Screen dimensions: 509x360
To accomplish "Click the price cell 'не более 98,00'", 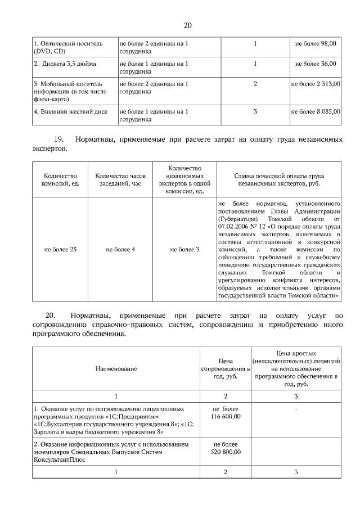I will point(316,43).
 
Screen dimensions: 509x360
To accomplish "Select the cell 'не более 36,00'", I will point(316,64).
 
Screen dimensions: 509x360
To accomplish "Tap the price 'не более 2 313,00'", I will point(316,84).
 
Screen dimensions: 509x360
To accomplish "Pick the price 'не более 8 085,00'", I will point(316,111).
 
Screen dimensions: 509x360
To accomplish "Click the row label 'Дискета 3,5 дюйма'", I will point(65,64).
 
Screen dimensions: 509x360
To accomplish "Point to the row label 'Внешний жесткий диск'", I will point(70,111).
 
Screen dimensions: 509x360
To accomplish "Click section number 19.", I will point(58,139).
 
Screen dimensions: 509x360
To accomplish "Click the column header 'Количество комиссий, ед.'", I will point(60,179).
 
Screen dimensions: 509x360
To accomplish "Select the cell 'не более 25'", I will point(60,249).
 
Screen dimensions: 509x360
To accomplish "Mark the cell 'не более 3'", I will point(184,249).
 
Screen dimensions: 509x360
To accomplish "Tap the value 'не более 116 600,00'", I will point(226,412).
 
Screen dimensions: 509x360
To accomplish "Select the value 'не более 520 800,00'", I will point(226,448).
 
